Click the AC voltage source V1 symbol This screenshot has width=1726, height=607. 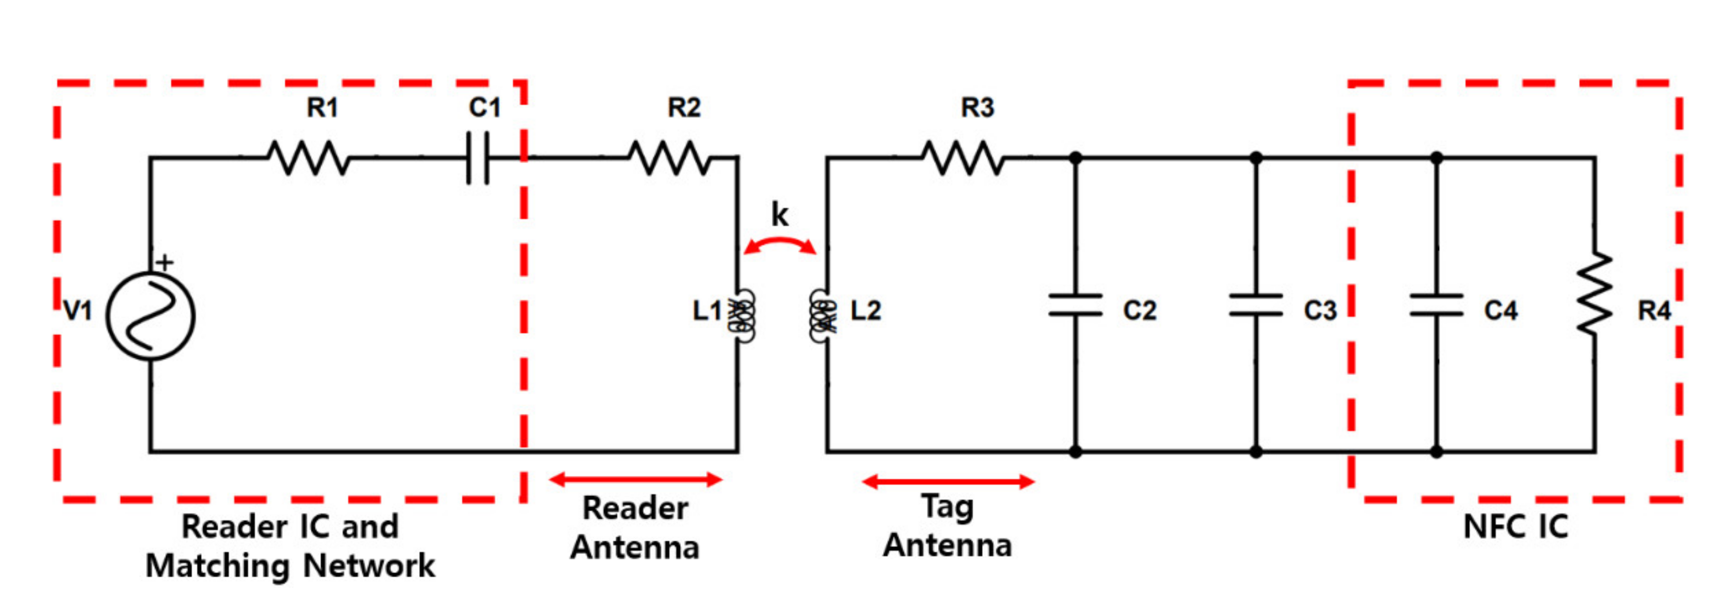click(x=151, y=315)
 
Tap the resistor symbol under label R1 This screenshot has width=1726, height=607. click(x=308, y=158)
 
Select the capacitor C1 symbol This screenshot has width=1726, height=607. click(x=478, y=158)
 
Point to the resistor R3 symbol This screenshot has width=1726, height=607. click(x=963, y=158)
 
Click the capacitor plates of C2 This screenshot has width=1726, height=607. click(x=1075, y=305)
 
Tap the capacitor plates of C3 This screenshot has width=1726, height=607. click(x=1256, y=305)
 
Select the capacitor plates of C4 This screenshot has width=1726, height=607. click(x=1436, y=305)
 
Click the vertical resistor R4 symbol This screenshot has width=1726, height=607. click(x=1595, y=292)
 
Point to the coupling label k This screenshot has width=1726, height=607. click(x=780, y=215)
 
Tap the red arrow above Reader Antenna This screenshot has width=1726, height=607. click(x=636, y=479)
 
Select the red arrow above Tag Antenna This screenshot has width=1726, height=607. click(x=948, y=481)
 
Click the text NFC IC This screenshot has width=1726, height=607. click(x=1516, y=526)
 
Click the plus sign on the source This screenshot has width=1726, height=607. click(x=165, y=262)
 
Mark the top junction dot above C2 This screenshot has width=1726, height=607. click(x=1075, y=158)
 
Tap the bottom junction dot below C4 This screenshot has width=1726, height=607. click(x=1436, y=451)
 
